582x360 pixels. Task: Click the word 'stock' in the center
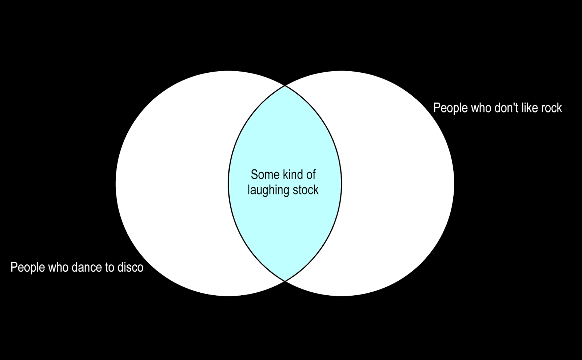(306, 190)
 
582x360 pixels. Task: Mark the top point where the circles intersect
(285, 86)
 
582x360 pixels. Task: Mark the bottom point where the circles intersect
(285, 281)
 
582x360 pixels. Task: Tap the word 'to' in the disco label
(110, 268)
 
